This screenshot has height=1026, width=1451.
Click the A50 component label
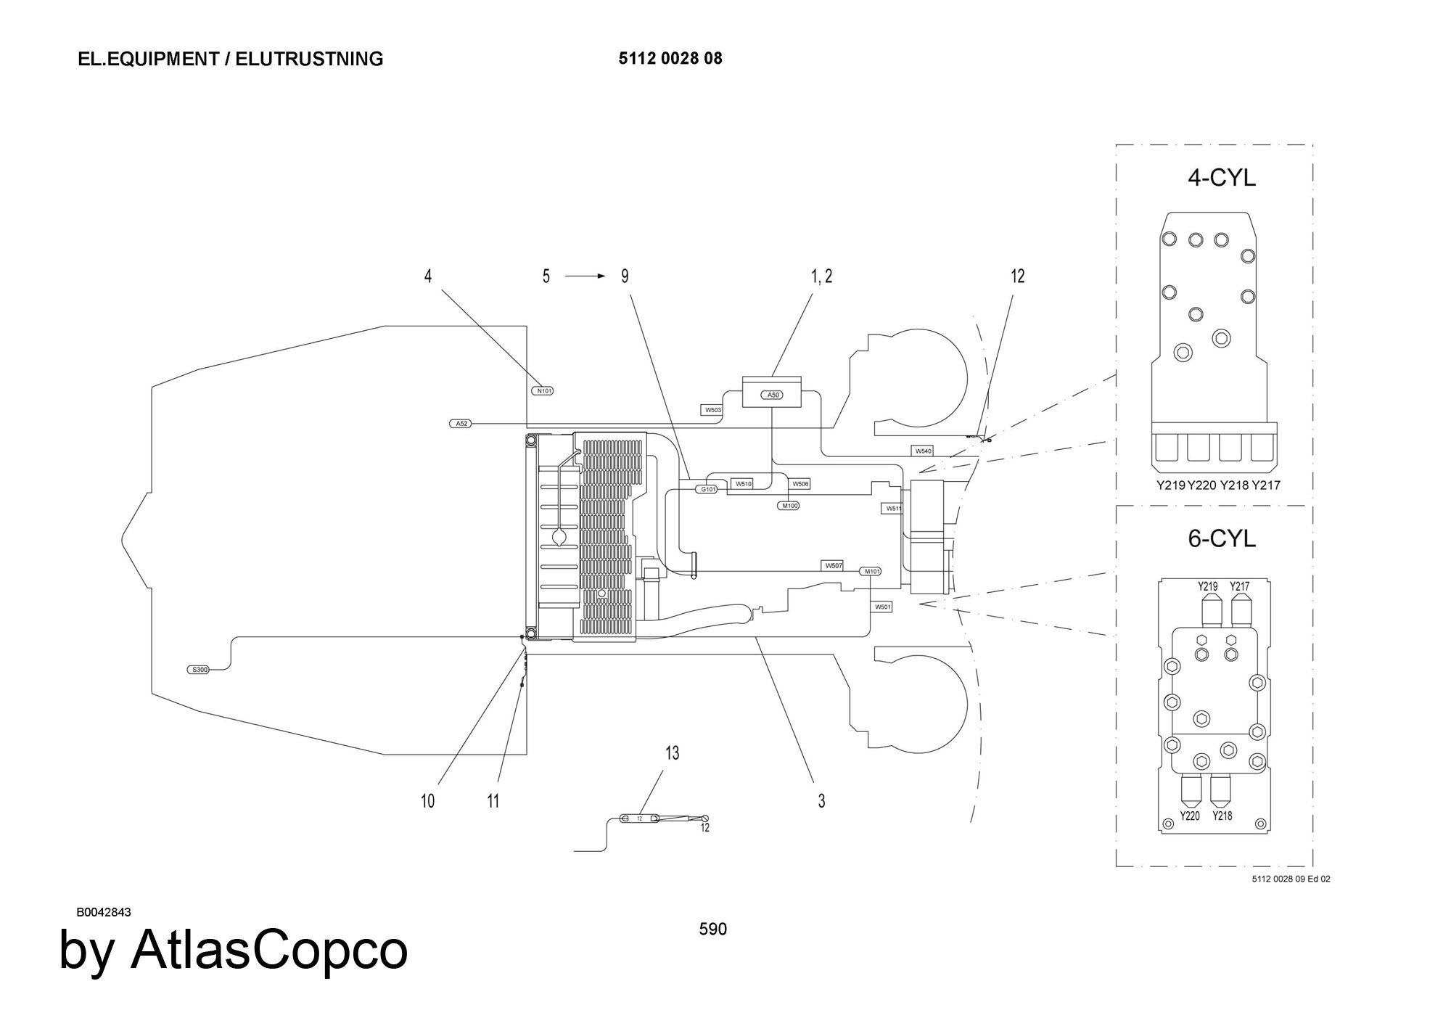coord(773,395)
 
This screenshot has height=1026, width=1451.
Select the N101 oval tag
coord(543,391)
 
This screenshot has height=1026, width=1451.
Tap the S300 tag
coord(199,670)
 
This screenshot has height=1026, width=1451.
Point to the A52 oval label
coord(461,423)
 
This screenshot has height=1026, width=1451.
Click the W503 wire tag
coord(712,410)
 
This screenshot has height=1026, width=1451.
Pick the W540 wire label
coord(923,451)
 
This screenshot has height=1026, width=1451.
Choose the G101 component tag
coord(707,489)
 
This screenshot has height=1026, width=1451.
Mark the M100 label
coord(789,506)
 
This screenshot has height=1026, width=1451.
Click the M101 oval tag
coord(871,572)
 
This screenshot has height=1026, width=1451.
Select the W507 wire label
coord(834,565)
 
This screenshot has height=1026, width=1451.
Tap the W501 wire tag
coord(882,607)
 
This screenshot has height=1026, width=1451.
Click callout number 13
coord(672,753)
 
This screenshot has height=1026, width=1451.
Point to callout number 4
coord(428,276)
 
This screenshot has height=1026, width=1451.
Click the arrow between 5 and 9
coord(585,276)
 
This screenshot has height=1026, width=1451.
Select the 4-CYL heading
coord(1221,178)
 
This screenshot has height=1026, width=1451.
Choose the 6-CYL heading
coord(1221,538)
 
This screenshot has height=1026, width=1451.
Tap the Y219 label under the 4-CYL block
coord(1171,485)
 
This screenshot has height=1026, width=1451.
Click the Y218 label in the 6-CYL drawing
coord(1222,816)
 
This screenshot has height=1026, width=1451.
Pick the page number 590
coord(712,929)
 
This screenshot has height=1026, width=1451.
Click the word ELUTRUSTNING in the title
coord(310,59)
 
